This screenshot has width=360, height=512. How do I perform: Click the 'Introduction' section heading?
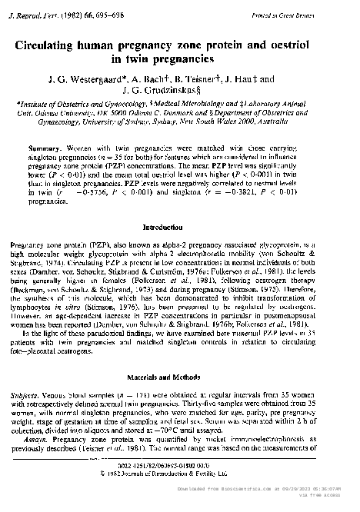pos(180,228)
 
